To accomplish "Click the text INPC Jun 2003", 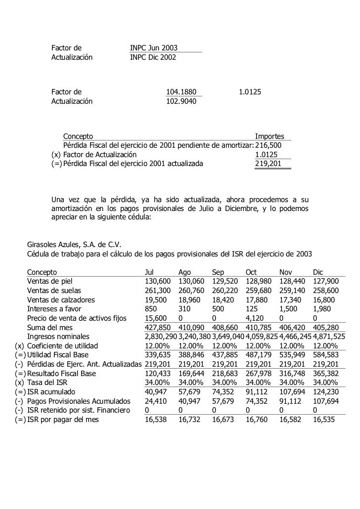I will tap(153, 48).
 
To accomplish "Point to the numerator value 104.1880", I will tap(181, 92).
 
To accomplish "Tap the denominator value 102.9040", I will tap(181, 102).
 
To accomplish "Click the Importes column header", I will tap(269, 136).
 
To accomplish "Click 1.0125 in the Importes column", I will tap(266, 155).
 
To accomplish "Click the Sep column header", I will tap(218, 272).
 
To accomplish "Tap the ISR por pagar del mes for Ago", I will tap(189, 420).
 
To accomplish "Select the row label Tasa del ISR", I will tap(50, 382).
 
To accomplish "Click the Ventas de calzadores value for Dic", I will tap(323, 300).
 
